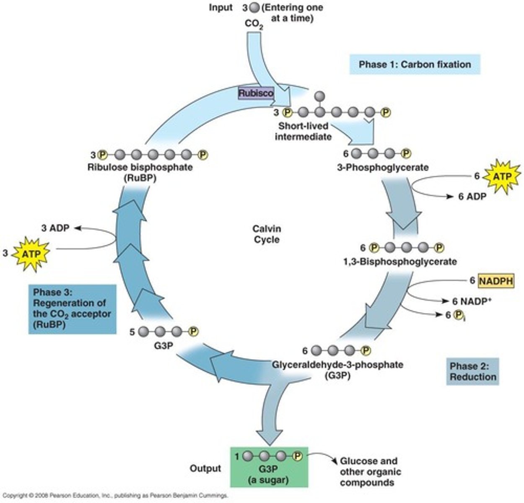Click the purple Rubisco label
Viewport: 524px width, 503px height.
click(x=256, y=93)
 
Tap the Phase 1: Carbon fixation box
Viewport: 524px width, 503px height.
click(x=414, y=65)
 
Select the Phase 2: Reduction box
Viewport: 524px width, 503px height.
click(x=472, y=371)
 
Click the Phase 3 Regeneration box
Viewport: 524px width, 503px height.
click(x=72, y=309)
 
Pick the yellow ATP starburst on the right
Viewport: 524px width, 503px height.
click(x=502, y=176)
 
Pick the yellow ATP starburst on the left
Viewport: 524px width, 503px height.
click(x=32, y=253)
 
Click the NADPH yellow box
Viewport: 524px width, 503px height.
click(x=496, y=280)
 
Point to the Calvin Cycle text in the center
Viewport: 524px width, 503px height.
click(x=267, y=234)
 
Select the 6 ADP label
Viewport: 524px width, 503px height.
click(x=472, y=196)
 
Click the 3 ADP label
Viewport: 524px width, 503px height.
click(x=55, y=228)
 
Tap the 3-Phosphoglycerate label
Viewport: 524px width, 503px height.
click(x=383, y=168)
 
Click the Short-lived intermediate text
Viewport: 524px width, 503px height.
click(x=303, y=131)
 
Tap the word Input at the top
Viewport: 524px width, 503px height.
click(x=220, y=8)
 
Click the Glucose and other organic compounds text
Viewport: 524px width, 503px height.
click(x=370, y=472)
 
